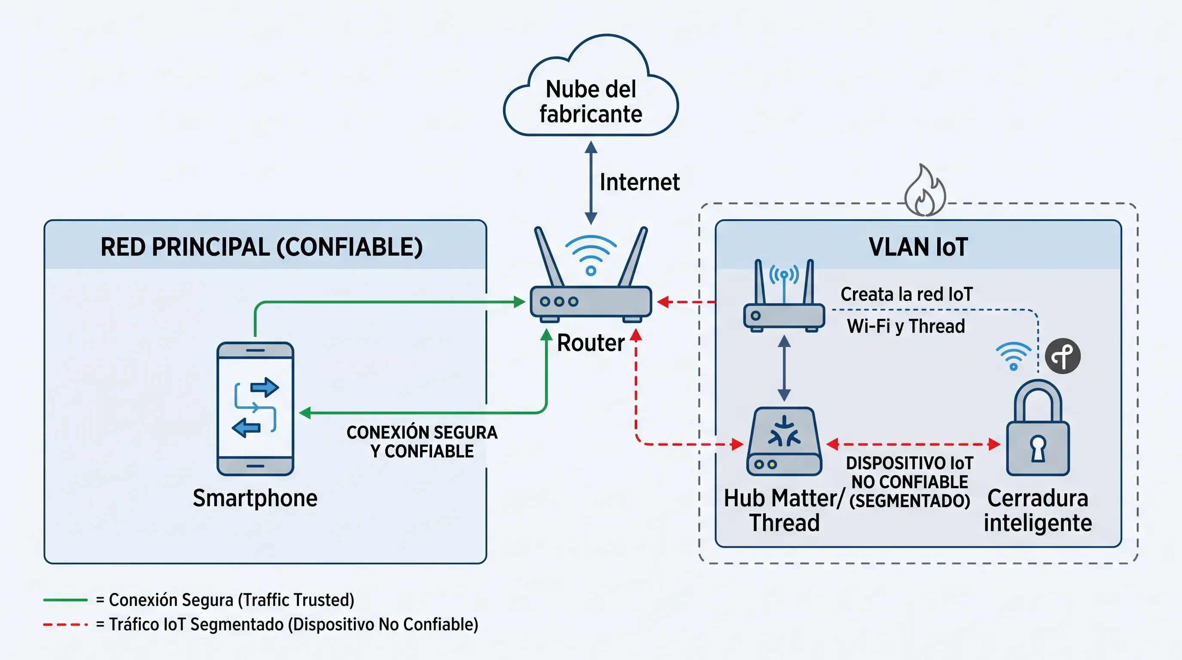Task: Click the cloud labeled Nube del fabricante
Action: click(x=591, y=86)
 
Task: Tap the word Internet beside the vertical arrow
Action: click(x=640, y=182)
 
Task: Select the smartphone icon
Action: click(x=255, y=409)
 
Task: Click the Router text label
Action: click(x=591, y=342)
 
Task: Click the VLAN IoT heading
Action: click(x=918, y=247)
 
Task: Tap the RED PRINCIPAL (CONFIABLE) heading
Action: click(x=262, y=247)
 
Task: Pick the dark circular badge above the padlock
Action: click(x=1063, y=356)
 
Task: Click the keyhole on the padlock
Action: click(x=1038, y=448)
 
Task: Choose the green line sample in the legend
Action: click(x=65, y=600)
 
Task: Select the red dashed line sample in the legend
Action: click(x=65, y=625)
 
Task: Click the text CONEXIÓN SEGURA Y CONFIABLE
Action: click(x=422, y=442)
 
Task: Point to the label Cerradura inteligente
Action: click(x=1037, y=510)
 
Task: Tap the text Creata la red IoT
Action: click(x=906, y=294)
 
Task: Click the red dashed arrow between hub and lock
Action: click(x=913, y=444)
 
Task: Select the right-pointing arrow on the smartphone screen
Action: click(x=265, y=388)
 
